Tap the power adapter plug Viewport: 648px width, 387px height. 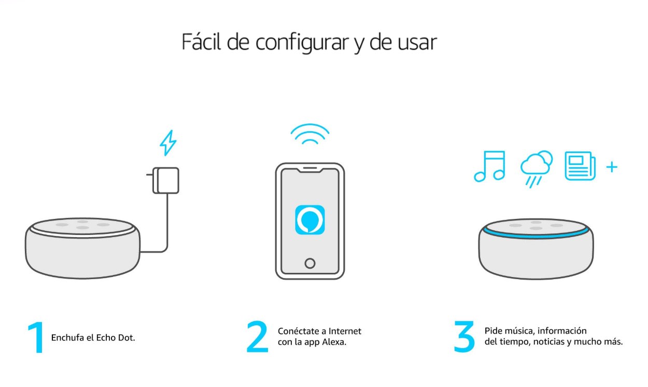[x=165, y=180]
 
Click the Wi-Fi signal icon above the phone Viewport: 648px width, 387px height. [x=310, y=135]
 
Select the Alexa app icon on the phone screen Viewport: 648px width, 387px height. [x=310, y=219]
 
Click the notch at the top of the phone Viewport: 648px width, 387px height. [x=310, y=169]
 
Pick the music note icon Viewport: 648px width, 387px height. [x=489, y=166]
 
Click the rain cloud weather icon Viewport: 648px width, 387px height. [x=536, y=168]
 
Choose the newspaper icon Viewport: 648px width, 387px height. [x=580, y=166]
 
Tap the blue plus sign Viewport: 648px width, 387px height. [x=612, y=167]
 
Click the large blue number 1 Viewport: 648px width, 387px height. [x=36, y=338]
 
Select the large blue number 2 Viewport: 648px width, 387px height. [x=257, y=337]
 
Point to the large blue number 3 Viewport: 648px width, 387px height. [x=464, y=337]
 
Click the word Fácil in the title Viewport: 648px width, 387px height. [x=202, y=42]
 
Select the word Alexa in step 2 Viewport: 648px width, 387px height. [x=334, y=342]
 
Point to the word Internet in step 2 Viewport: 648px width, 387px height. [x=345, y=331]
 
